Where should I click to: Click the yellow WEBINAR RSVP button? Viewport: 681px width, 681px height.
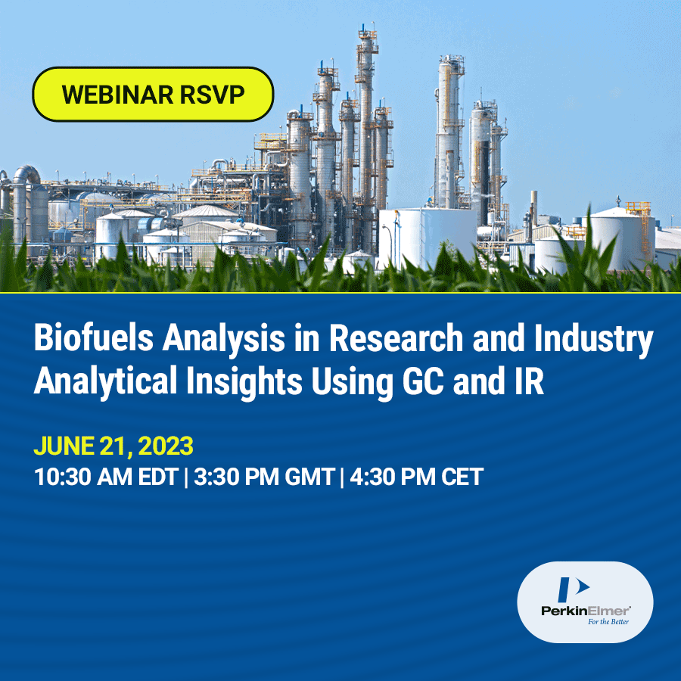tap(153, 95)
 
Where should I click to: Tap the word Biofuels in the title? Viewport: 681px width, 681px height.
tap(94, 337)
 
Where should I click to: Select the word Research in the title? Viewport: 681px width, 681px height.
tap(396, 337)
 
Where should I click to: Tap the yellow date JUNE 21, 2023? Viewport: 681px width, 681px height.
tap(113, 446)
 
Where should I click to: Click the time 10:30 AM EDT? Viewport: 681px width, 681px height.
tap(106, 477)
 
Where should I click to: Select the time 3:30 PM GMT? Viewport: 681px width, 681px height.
tap(264, 477)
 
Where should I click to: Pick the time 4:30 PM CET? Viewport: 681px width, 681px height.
tap(416, 477)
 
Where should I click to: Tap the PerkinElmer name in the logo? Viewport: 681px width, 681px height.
tap(586, 611)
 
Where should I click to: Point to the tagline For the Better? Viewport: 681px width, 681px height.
tap(608, 622)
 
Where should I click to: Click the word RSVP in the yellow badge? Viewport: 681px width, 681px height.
tap(212, 95)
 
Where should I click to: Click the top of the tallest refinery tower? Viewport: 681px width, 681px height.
tap(366, 31)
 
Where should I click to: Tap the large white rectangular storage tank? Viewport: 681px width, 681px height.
tap(428, 237)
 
